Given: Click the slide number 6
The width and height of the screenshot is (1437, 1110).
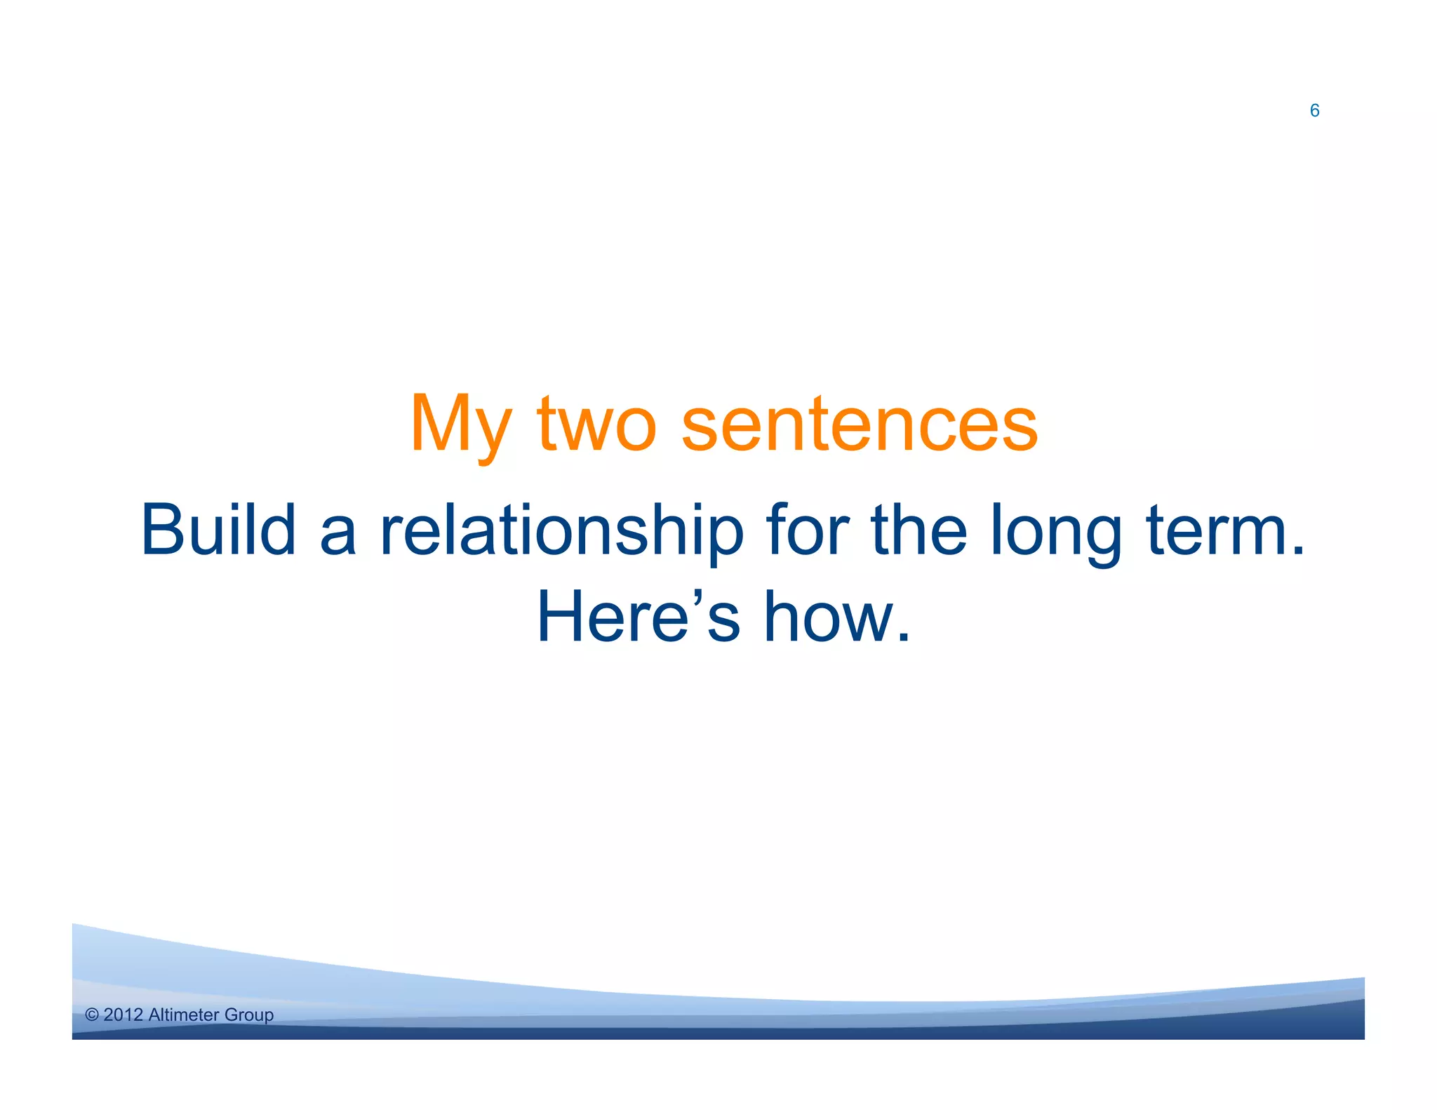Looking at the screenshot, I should [1314, 111].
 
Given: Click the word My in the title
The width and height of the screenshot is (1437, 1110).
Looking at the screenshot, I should [460, 425].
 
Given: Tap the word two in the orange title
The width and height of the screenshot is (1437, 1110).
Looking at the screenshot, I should [596, 425].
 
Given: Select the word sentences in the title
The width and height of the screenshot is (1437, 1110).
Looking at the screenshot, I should [859, 425].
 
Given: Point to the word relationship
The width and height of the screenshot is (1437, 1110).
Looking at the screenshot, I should [561, 532].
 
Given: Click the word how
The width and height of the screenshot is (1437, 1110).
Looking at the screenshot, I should [827, 617].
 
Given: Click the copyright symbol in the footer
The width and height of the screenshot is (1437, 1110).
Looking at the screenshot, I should [92, 1015].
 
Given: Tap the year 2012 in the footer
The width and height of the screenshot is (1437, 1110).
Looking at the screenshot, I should [123, 1015].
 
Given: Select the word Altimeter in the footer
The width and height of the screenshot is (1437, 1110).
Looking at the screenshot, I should [184, 1015].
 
